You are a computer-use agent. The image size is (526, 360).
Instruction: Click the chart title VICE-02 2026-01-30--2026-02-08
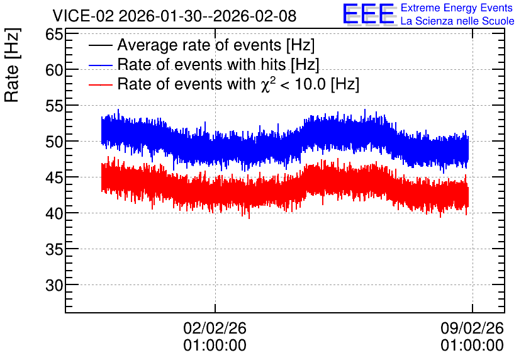point(174,16)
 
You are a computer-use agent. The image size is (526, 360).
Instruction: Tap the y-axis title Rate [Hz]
point(12,65)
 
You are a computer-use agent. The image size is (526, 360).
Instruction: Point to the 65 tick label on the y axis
point(54,34)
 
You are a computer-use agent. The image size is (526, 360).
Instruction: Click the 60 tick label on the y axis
point(54,70)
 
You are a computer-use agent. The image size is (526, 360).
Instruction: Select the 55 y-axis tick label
point(54,106)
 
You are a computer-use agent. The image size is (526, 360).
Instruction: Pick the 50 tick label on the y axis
point(54,142)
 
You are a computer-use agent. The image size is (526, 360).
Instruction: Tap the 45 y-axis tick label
point(54,178)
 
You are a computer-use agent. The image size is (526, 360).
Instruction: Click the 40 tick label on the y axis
point(54,213)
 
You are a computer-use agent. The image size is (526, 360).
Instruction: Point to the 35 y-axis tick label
point(54,249)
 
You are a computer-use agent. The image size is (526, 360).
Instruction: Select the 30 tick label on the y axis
point(54,285)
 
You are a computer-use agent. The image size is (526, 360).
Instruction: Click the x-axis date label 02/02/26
point(215,328)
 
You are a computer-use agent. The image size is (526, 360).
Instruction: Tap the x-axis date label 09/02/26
point(472,328)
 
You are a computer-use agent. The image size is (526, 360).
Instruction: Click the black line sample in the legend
point(100,45)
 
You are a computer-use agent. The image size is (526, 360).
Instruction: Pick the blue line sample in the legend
point(100,65)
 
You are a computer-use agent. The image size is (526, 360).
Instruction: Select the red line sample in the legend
point(100,84)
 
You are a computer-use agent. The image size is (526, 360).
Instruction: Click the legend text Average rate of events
point(199,45)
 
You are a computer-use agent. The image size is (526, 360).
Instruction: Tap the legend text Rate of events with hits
point(201,64)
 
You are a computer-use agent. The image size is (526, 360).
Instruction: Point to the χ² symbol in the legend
point(269,84)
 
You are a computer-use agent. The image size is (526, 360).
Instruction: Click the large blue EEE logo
point(369,14)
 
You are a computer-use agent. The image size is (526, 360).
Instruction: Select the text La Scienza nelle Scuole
point(457,21)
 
